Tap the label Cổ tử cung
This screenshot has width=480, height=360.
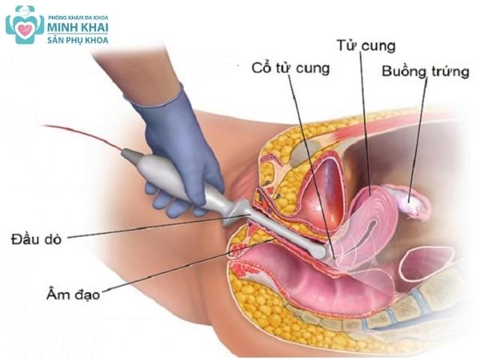(290, 68)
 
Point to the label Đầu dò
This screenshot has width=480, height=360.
(38, 238)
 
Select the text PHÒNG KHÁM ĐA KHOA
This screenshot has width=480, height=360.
(78, 16)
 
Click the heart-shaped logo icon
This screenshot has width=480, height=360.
(24, 25)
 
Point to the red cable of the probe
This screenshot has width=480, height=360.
(80, 134)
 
